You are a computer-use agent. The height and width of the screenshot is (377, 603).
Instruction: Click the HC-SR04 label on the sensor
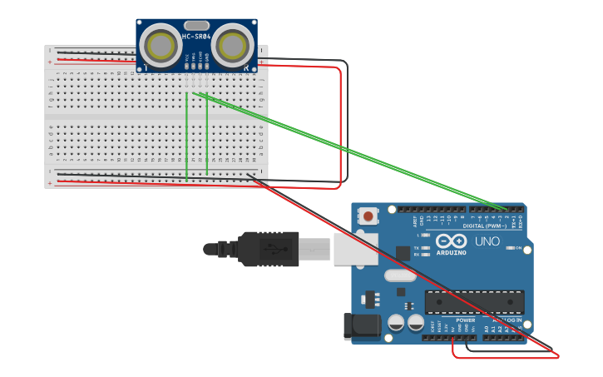pyautogui.click(x=197, y=36)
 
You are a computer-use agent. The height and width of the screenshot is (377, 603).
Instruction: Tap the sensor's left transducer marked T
pyautogui.click(x=160, y=44)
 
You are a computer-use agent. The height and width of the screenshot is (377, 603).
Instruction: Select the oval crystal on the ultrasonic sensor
pyautogui.click(x=196, y=25)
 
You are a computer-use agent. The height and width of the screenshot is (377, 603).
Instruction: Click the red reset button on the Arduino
pyautogui.click(x=368, y=216)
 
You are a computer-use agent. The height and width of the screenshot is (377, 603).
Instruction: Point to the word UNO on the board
pyautogui.click(x=487, y=241)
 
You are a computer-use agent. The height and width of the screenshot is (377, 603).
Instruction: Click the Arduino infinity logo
pyautogui.click(x=451, y=241)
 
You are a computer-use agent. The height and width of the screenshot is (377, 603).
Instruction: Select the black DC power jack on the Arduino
pyautogui.click(x=362, y=326)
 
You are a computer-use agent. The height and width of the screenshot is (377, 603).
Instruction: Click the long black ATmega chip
pyautogui.click(x=474, y=303)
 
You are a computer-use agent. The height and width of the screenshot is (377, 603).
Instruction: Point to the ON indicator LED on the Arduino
pyautogui.click(x=508, y=248)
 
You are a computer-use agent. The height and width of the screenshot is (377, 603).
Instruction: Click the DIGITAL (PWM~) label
pyautogui.click(x=485, y=226)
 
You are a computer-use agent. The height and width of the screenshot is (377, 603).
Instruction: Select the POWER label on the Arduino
pyautogui.click(x=465, y=320)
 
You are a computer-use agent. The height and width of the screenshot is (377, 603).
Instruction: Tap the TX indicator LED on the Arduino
pyautogui.click(x=427, y=247)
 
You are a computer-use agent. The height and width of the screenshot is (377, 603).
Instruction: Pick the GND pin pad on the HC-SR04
pyautogui.click(x=206, y=65)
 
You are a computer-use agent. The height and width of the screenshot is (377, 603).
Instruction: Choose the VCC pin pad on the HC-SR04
pyautogui.click(x=186, y=65)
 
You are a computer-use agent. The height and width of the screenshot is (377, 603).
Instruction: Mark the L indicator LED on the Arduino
pyautogui.click(x=427, y=236)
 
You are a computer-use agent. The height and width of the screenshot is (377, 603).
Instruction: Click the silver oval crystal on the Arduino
pyautogui.click(x=399, y=275)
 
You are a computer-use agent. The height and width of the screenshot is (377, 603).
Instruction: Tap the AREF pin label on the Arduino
pyautogui.click(x=415, y=222)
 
